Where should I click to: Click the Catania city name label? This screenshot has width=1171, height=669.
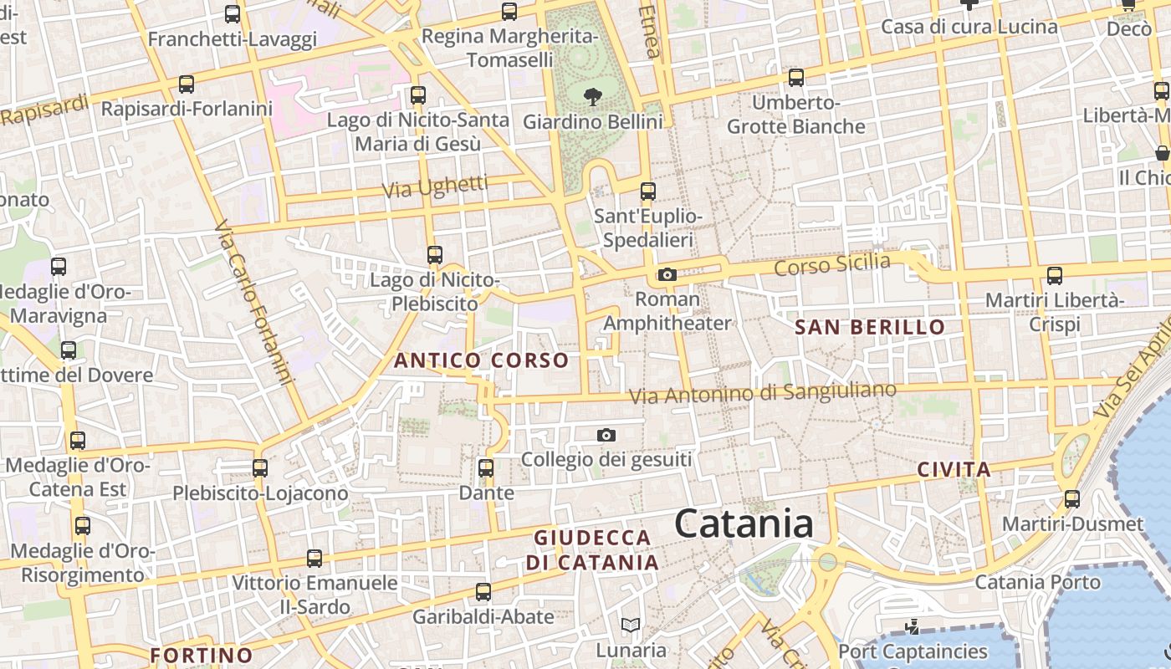point(744,524)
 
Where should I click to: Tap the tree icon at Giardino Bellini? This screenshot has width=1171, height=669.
point(593,96)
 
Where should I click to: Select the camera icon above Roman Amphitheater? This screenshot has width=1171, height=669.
point(667,274)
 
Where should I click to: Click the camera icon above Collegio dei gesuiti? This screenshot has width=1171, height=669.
point(606,435)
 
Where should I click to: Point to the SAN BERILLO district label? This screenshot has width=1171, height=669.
point(870,327)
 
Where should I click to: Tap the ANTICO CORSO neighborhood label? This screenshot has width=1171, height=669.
point(481,360)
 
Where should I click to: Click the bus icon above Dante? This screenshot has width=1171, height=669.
point(486,467)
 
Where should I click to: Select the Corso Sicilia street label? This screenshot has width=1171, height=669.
point(832,265)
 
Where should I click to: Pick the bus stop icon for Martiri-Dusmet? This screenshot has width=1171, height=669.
point(1072,499)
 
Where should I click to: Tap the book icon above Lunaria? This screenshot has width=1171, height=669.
point(631,625)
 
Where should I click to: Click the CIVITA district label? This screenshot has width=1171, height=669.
point(954,469)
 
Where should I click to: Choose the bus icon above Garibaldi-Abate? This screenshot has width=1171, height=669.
point(483,592)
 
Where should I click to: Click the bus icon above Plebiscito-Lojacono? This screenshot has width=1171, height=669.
point(260,467)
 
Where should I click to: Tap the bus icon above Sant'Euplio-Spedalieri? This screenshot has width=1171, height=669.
point(647,191)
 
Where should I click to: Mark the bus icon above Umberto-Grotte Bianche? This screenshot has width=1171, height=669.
point(795,77)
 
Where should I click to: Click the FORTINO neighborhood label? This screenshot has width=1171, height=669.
point(201,655)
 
